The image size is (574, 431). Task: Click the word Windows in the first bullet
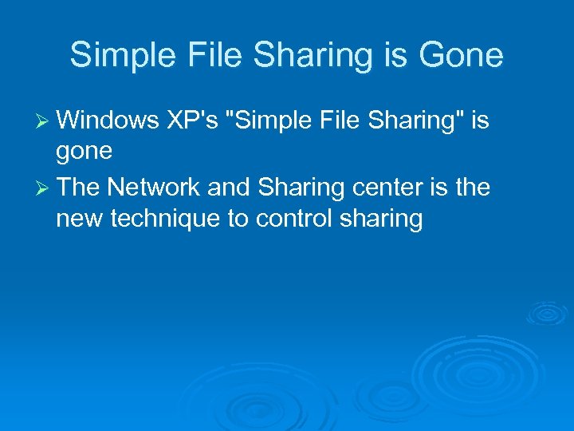coord(108,120)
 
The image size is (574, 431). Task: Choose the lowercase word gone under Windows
coord(85,152)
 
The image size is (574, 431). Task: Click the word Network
coord(153,187)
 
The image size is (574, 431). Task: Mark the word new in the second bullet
coord(77,219)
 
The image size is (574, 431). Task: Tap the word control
coord(292,219)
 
